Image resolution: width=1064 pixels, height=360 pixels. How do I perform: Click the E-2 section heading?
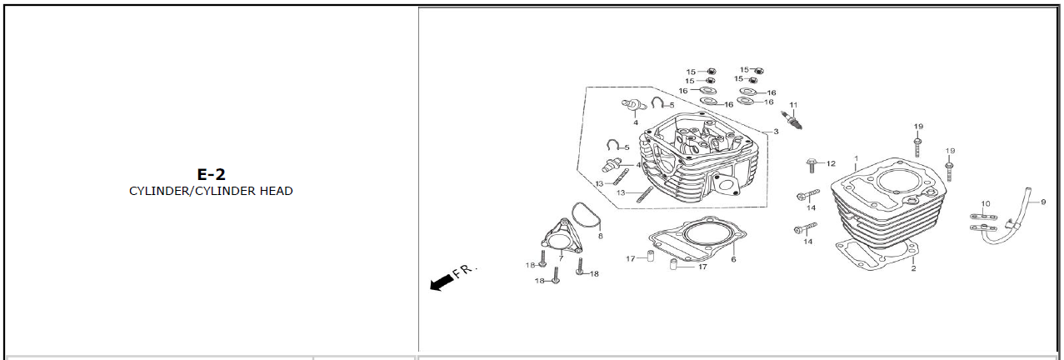click(211, 174)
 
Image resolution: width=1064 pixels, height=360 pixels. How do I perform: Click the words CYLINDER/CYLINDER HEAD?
click(211, 191)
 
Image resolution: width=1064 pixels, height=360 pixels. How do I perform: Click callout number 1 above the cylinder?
click(855, 157)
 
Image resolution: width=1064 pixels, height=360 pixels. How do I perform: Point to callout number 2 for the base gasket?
click(913, 268)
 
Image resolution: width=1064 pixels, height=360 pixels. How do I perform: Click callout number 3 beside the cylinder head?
click(776, 132)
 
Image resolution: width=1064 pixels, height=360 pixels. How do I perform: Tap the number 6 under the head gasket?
click(733, 259)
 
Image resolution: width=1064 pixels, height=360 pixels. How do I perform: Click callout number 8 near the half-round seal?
click(600, 236)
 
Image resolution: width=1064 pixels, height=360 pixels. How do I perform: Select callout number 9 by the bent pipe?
click(1042, 202)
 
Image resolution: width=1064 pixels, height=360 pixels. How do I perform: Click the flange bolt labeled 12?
click(812, 163)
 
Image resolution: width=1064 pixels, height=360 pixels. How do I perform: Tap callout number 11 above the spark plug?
click(793, 104)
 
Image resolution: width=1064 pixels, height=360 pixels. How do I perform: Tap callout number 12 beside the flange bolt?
click(831, 163)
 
